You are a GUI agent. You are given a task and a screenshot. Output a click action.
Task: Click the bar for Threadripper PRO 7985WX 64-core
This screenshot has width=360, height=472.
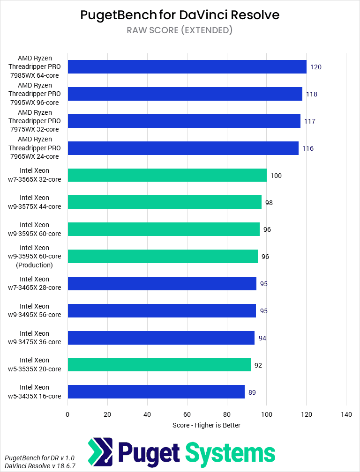pos(187,67)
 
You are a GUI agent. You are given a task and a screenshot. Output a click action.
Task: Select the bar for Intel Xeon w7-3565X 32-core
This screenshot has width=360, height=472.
pos(167,176)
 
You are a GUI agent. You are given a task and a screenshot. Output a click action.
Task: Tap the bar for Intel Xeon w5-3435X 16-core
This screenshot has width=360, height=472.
pos(156,392)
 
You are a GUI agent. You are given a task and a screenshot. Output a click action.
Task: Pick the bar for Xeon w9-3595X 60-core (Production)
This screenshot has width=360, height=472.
pos(163,257)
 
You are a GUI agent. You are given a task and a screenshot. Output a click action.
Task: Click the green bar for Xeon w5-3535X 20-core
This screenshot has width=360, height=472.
pos(159,365)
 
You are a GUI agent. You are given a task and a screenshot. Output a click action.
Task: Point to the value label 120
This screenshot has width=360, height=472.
pos(315,67)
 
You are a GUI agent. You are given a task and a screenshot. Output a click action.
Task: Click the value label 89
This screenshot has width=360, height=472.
pos(252,392)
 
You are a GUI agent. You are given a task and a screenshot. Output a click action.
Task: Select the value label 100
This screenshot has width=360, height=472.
pos(276,176)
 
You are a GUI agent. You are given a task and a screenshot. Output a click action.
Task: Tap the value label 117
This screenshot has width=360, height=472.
pos(309,121)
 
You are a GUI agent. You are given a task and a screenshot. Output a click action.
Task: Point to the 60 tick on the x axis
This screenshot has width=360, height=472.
pos(187,414)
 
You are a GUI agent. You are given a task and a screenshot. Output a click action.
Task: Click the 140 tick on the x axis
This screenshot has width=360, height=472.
pos(346,414)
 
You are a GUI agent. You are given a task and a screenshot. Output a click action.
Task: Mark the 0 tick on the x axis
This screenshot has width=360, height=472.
pos(67,414)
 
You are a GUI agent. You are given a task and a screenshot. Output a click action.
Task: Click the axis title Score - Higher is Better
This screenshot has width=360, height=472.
pos(206,425)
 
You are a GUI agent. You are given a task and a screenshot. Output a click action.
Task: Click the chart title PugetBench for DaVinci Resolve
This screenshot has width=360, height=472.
pos(180,15)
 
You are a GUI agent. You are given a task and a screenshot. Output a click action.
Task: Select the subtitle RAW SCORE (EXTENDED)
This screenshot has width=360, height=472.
pos(180,30)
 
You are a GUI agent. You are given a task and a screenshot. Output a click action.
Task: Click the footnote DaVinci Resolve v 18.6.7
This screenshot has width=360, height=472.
pos(40,466)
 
